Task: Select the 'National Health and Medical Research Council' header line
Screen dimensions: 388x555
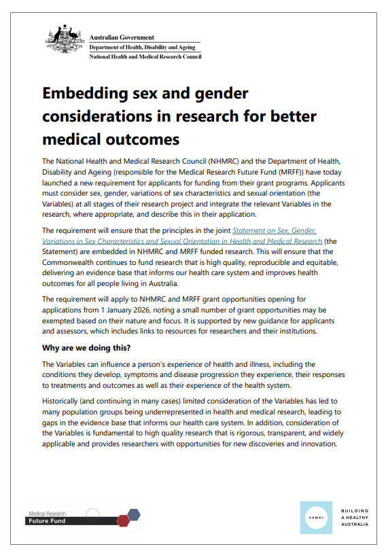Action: click(145, 57)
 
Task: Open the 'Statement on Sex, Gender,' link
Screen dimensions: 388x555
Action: click(275, 231)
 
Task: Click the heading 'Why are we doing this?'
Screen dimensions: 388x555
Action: click(86, 348)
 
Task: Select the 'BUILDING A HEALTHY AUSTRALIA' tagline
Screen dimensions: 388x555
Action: click(355, 518)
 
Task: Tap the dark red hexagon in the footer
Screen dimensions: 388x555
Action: click(123, 520)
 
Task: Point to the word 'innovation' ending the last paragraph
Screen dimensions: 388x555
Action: click(314, 444)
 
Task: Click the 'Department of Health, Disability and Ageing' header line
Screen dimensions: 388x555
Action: click(143, 48)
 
